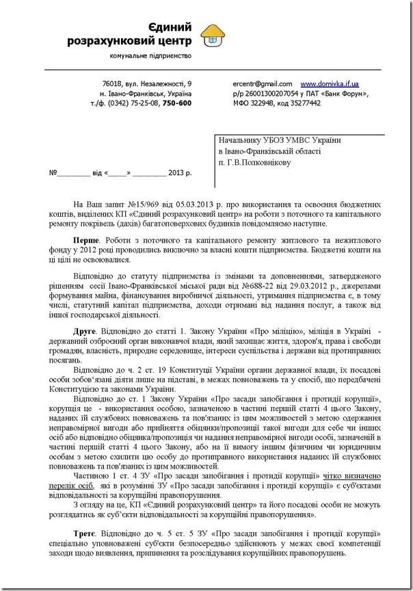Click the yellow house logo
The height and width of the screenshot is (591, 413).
[x=216, y=34]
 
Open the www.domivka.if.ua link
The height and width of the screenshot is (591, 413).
[x=330, y=83]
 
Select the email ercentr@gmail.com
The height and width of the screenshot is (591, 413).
[x=263, y=83]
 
